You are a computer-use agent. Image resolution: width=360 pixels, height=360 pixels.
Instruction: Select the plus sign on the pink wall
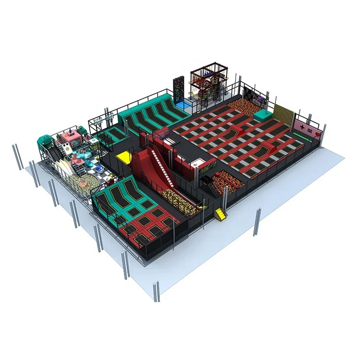(302, 126)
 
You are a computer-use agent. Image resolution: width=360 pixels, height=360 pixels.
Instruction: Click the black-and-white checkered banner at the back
(252, 93)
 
